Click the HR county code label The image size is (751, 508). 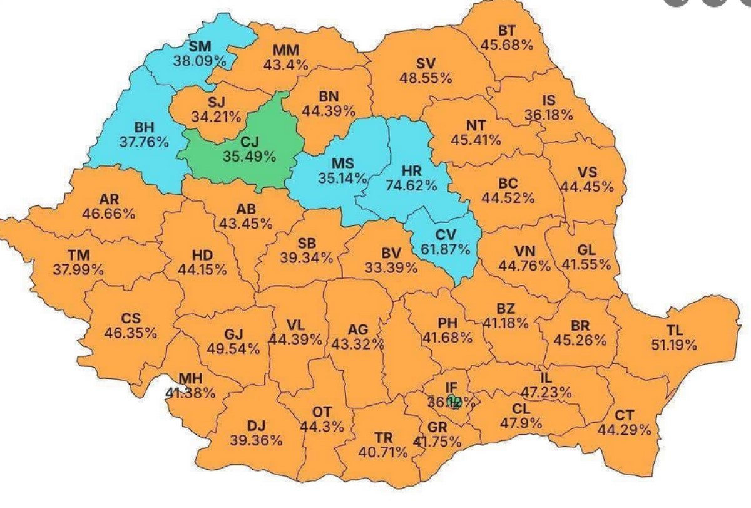412,171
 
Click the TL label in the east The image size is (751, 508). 675,330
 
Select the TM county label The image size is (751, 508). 79,256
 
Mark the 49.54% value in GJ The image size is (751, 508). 234,348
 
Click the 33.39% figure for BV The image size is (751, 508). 391,268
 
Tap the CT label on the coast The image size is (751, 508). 624,416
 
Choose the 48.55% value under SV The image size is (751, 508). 426,78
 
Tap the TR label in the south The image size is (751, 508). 383,437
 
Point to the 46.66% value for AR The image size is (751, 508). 108,213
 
